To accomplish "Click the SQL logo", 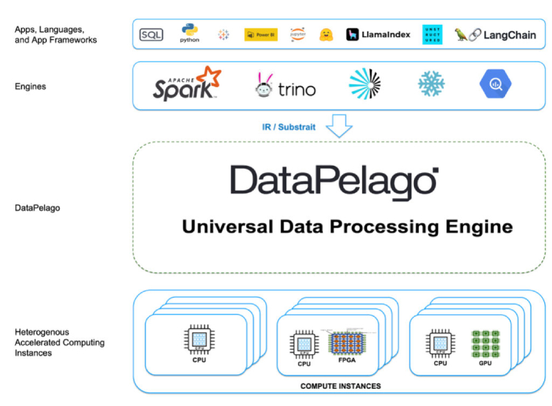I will pos(150,35).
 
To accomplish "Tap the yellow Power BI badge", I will pos(261,35).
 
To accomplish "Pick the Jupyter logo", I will pos(298,34).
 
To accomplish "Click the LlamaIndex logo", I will pos(378,35).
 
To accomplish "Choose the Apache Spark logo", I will pos(186,84).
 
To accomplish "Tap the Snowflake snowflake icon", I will pos(431,84).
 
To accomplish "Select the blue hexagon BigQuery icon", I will pos(495,84).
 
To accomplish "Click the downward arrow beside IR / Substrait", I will pos(339,126).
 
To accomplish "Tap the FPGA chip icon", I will pos(346,344).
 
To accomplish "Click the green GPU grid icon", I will pos(485,342).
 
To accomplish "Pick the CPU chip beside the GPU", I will pos(440,343).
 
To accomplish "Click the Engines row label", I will pos(31,86).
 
